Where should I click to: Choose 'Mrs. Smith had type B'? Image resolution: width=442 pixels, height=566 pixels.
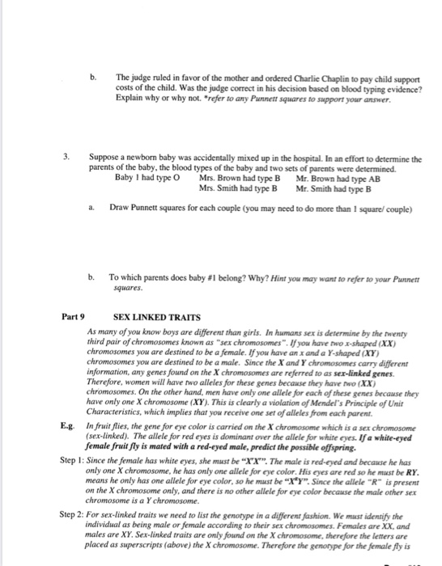(x=237, y=187)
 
